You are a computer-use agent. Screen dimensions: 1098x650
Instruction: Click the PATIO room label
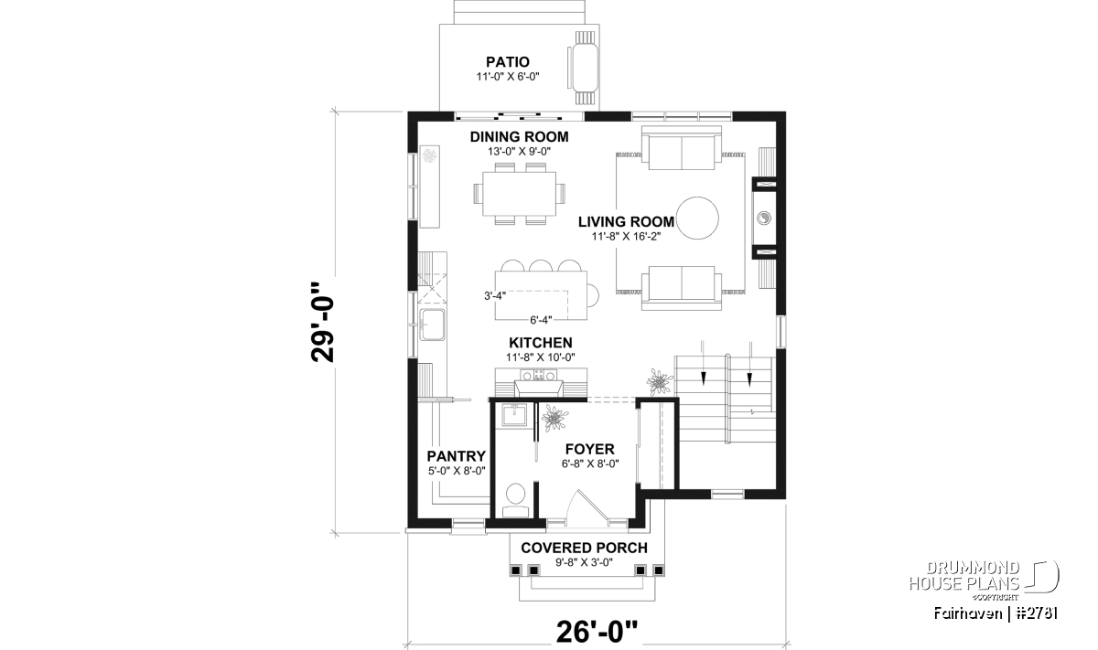[507, 62]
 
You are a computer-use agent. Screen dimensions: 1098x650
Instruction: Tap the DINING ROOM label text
[519, 136]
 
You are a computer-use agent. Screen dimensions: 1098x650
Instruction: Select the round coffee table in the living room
[696, 218]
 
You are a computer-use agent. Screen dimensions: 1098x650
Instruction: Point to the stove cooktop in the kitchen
[539, 375]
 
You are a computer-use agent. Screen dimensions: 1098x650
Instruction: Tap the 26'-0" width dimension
[597, 632]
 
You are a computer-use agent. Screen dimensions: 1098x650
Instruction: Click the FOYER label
[589, 449]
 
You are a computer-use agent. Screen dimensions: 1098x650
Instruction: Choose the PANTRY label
[456, 456]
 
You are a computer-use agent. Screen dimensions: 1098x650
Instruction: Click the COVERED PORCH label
[584, 548]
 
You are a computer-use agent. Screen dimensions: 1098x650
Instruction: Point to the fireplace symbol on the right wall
[764, 218]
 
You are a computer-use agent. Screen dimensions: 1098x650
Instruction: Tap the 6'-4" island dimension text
[541, 320]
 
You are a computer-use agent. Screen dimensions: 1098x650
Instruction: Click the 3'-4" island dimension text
[495, 296]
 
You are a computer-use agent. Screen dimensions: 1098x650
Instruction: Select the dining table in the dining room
[519, 194]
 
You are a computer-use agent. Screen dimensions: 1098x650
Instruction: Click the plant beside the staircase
[660, 381]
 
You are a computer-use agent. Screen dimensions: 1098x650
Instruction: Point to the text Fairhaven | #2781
[996, 613]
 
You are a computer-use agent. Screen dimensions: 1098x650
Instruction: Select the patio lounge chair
[584, 68]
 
